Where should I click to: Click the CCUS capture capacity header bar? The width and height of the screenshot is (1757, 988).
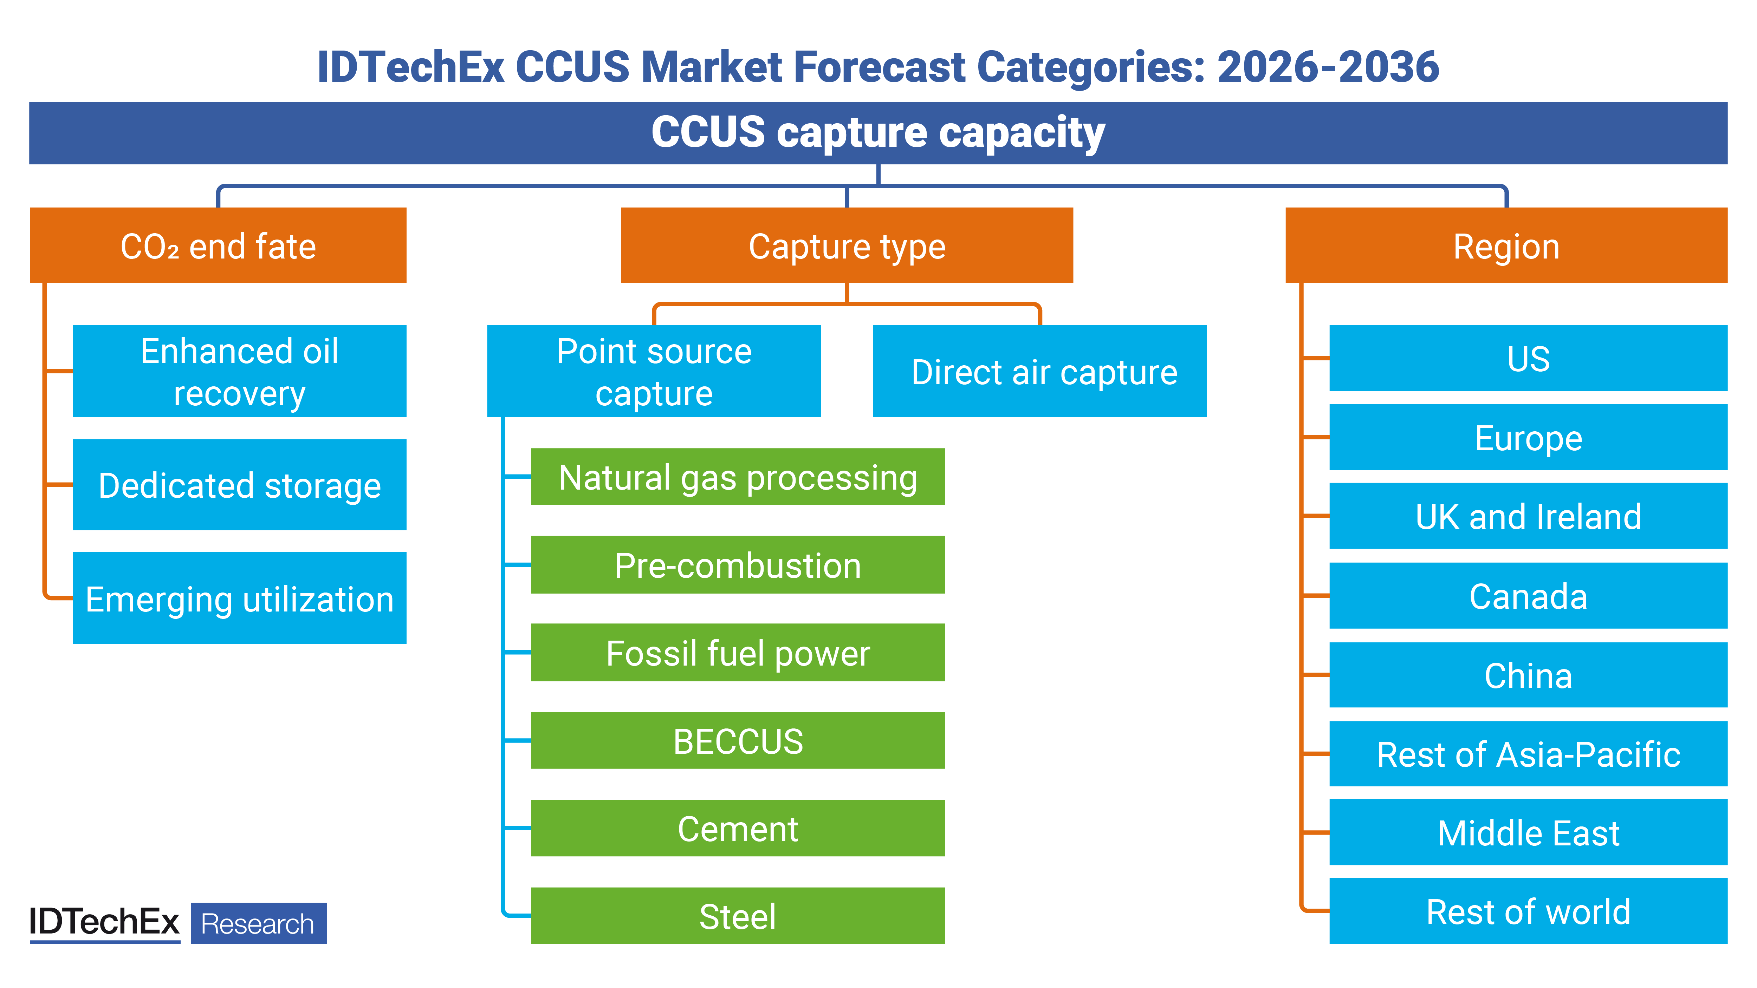(x=878, y=133)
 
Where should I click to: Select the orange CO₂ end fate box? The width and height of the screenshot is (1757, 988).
(x=218, y=246)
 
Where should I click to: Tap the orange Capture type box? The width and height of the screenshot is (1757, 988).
(x=847, y=246)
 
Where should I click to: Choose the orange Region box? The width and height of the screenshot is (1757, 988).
(x=1506, y=246)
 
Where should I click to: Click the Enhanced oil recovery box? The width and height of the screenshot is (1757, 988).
(x=239, y=372)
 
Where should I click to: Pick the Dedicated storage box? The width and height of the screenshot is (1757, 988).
(x=239, y=485)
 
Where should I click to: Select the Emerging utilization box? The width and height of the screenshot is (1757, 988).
(x=239, y=598)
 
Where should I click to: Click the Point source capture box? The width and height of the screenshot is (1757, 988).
(x=653, y=372)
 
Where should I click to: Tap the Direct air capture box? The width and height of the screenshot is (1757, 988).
(x=1039, y=372)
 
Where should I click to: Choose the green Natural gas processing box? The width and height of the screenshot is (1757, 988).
(x=737, y=477)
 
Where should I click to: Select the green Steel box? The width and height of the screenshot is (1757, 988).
(x=737, y=916)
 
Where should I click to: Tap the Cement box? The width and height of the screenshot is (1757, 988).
(x=737, y=829)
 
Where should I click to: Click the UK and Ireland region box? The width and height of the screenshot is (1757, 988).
(x=1528, y=516)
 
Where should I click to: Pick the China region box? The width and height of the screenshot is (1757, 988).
(x=1528, y=675)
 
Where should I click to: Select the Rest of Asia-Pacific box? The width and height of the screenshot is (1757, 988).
(x=1528, y=754)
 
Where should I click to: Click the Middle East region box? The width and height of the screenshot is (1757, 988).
(x=1528, y=832)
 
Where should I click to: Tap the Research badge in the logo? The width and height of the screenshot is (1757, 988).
(x=258, y=923)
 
